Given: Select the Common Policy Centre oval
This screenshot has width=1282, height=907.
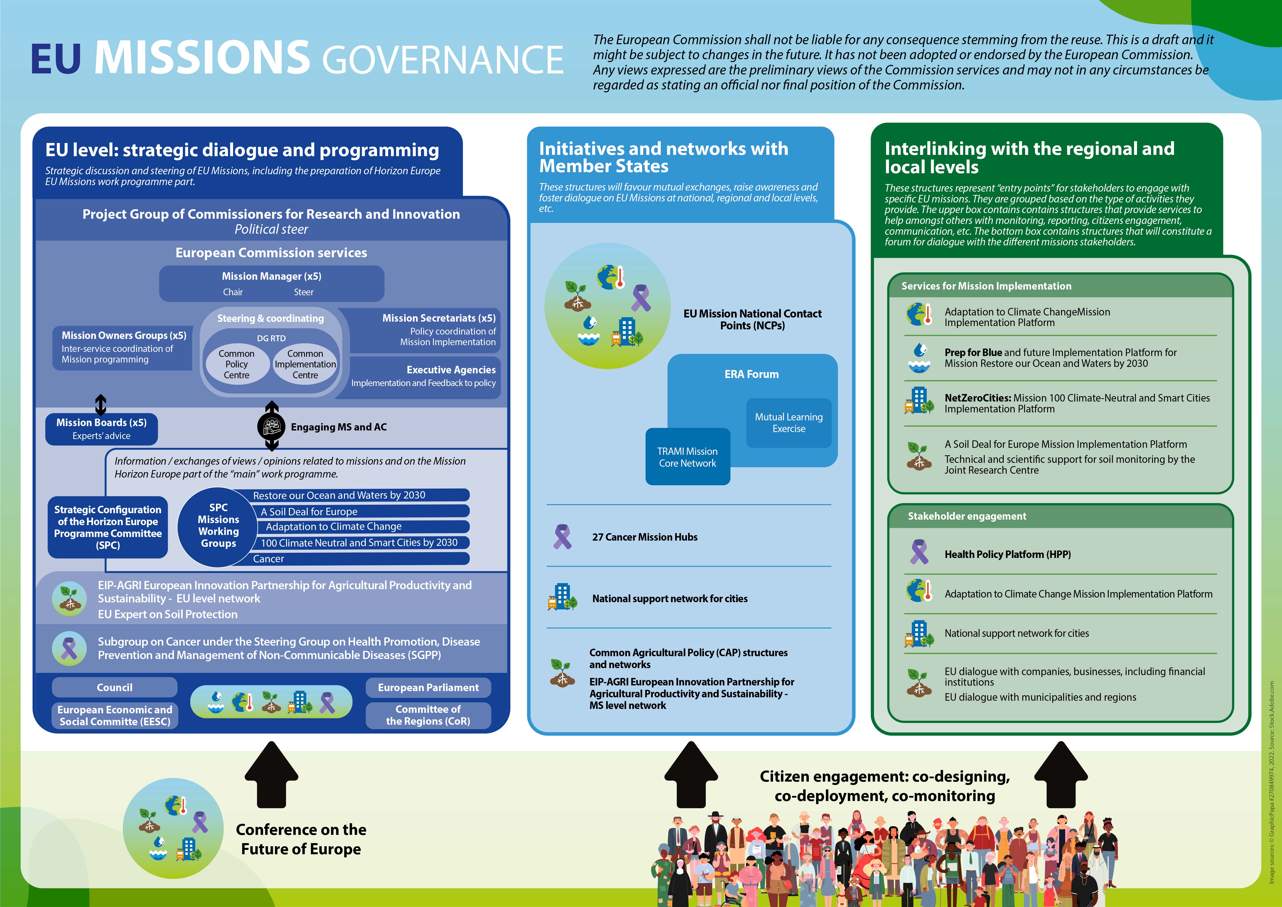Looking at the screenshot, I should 236,364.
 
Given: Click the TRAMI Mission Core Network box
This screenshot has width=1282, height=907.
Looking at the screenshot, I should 687,457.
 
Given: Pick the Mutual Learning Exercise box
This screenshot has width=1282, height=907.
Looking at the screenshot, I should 788,423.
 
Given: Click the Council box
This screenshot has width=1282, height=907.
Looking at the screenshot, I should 114,687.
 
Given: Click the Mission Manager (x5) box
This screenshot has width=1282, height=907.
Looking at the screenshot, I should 271,283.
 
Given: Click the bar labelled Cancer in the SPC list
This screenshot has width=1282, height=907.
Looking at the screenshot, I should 357,558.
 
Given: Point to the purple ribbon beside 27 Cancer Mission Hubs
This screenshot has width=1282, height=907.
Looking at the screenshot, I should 562,537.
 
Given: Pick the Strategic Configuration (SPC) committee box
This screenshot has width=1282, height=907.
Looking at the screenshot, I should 108,527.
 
